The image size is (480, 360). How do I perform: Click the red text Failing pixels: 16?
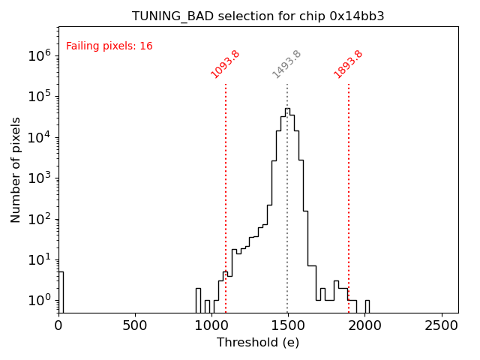point(109,46)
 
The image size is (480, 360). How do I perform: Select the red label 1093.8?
point(225,64)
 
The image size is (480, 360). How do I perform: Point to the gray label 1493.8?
point(286,64)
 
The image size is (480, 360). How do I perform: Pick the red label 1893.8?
point(349,64)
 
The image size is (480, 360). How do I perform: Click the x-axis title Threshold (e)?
point(258,343)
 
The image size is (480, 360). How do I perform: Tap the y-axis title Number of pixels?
point(16,169)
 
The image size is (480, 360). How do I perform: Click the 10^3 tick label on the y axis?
point(40,178)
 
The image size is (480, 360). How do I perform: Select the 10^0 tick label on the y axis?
point(40,301)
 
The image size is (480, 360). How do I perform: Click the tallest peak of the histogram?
point(287,109)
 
